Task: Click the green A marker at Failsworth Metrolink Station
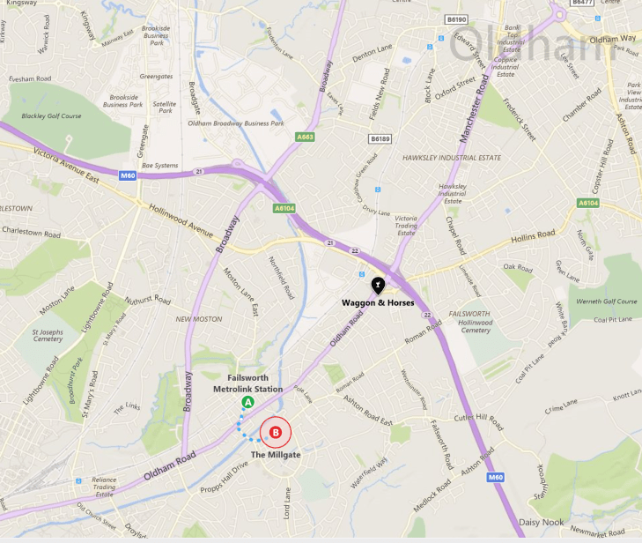[x=247, y=402]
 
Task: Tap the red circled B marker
[x=276, y=432]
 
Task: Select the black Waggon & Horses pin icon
[x=378, y=285]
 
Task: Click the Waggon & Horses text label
[x=377, y=303]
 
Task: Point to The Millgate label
[x=276, y=454]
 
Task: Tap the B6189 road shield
[x=380, y=139]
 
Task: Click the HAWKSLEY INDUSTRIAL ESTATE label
[x=451, y=158]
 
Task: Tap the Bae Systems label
[x=159, y=165]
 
